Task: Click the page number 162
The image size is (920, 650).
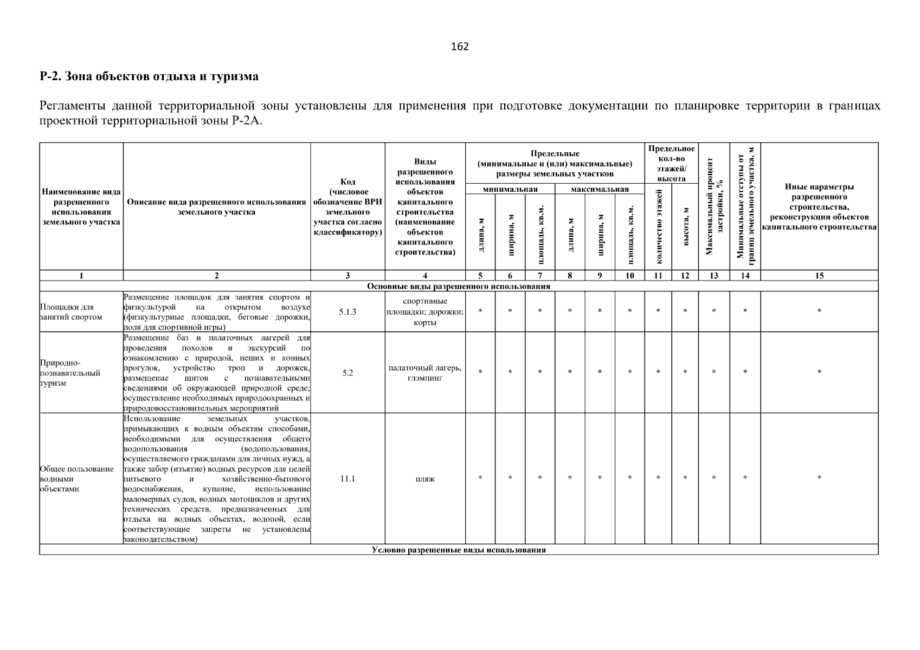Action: tap(460, 47)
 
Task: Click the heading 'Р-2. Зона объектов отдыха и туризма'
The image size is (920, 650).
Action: tap(149, 76)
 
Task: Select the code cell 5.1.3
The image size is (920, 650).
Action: tap(348, 312)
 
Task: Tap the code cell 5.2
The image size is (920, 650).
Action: tap(348, 373)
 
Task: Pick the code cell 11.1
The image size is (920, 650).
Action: tap(348, 479)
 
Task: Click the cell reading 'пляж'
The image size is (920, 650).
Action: tap(425, 479)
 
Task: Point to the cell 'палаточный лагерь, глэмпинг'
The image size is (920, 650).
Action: tap(425, 373)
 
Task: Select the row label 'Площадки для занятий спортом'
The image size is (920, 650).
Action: tap(71, 312)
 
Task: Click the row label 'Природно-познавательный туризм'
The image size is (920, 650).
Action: tap(70, 373)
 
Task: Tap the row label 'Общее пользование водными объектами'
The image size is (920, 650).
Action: tap(76, 479)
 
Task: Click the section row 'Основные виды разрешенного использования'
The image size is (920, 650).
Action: tap(459, 286)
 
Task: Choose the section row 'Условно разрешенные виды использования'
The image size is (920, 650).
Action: tap(459, 550)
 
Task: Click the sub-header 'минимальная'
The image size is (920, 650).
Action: tap(510, 189)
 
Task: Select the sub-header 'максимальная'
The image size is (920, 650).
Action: tap(599, 189)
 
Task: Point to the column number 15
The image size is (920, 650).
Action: tap(819, 275)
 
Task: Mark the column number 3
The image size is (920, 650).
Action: tap(348, 275)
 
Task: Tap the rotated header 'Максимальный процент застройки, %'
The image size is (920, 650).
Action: tap(714, 206)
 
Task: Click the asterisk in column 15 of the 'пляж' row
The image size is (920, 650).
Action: tap(819, 478)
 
